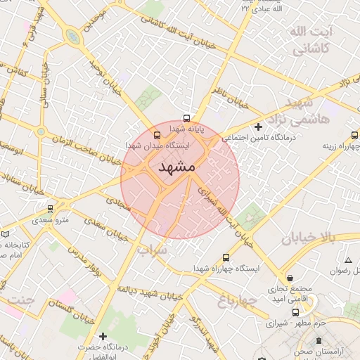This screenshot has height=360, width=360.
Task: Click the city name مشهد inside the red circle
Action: (176, 167)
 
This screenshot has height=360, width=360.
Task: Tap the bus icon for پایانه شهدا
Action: (186, 118)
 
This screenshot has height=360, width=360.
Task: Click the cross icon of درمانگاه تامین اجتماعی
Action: (259, 127)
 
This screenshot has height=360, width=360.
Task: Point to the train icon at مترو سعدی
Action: (50, 209)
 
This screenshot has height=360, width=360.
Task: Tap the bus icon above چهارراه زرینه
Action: (354, 134)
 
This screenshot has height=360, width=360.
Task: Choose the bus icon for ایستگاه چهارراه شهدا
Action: (226, 257)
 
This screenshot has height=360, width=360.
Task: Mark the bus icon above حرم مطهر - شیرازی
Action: (296, 312)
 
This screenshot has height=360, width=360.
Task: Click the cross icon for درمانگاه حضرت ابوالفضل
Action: (103, 336)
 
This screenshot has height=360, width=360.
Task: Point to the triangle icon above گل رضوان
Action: (347, 261)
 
